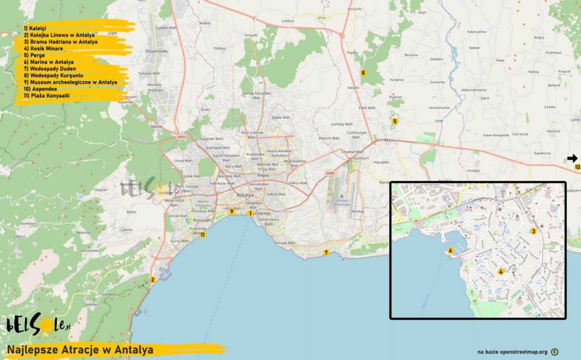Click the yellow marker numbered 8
pos(363,72)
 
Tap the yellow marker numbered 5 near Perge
pos(394,121)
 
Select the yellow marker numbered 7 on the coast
pos(326,253)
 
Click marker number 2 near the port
pos(152,279)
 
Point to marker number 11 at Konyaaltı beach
pos(202,234)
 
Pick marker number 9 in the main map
pos(232,211)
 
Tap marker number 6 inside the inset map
pos(451,250)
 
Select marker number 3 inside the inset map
pos(533,231)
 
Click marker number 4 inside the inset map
pos(500,271)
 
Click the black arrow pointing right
pos(572,158)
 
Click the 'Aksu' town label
pos(388,140)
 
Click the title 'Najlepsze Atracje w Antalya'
pos(80,350)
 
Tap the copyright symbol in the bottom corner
pos(554,352)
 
